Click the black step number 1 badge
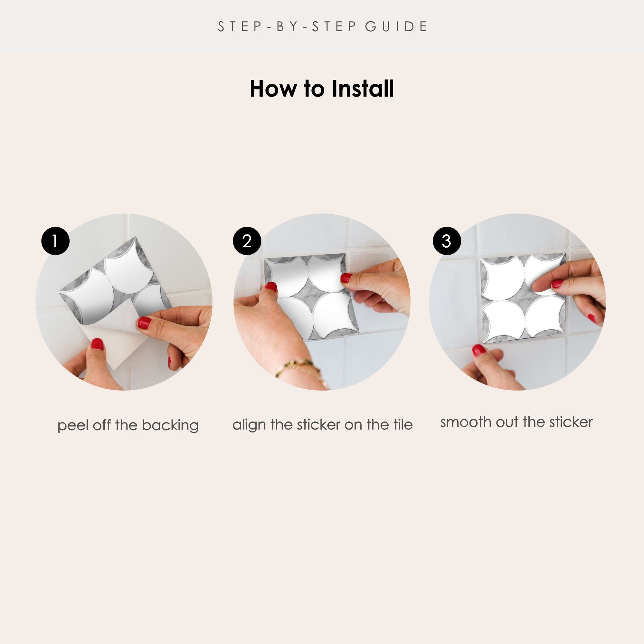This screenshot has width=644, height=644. [x=55, y=241]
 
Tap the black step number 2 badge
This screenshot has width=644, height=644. [x=247, y=241]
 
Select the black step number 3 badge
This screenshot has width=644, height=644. [x=447, y=241]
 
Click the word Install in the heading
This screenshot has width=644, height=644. [x=363, y=89]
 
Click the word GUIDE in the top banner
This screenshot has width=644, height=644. [x=396, y=27]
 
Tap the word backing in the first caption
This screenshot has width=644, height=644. [x=170, y=426]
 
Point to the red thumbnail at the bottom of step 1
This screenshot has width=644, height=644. [x=97, y=344]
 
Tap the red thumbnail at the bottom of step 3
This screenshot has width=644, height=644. [x=479, y=350]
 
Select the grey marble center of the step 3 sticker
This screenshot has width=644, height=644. [x=524, y=296]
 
